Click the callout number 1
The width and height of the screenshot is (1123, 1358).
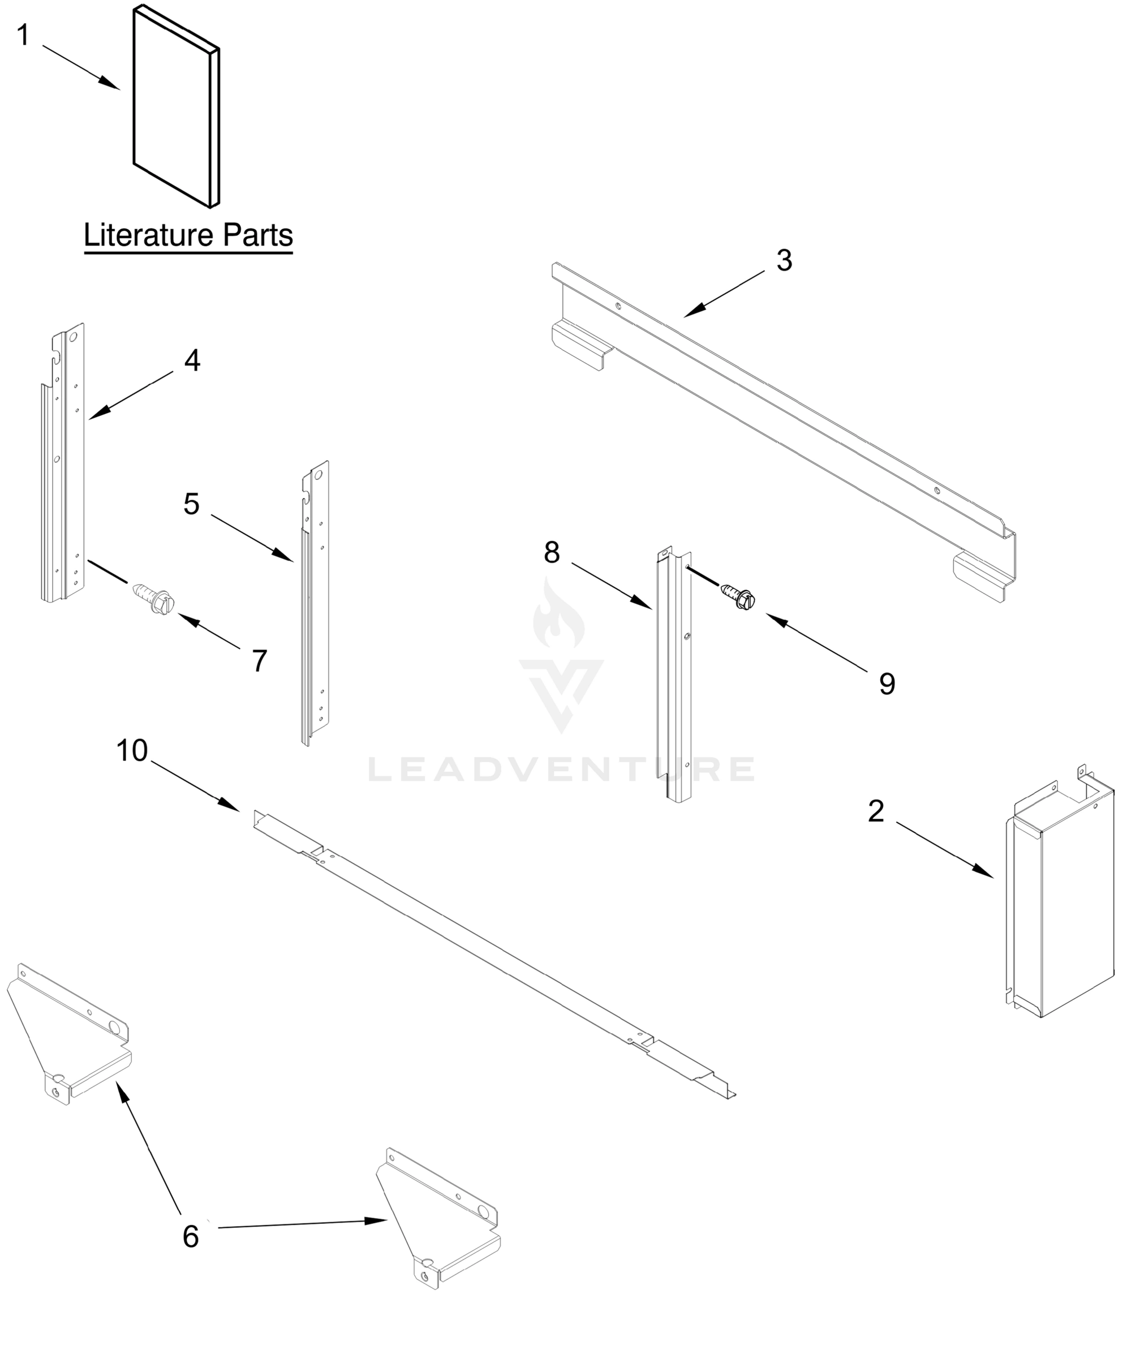[23, 35]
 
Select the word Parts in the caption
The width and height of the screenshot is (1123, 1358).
[258, 235]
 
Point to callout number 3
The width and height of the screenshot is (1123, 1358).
[784, 261]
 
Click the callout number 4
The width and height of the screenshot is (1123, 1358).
[192, 361]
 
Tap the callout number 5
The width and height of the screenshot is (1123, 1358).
[191, 504]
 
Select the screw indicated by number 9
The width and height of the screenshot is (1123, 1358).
[739, 595]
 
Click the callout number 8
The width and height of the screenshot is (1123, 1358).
[552, 553]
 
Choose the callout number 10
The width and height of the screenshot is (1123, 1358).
[132, 751]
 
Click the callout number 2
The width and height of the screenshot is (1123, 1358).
[875, 811]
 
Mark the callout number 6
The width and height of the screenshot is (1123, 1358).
[191, 1236]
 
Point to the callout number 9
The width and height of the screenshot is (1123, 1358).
[887, 684]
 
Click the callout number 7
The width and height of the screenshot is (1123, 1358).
[259, 661]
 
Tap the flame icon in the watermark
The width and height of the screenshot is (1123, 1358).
[558, 614]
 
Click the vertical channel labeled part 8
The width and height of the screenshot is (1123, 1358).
[674, 679]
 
